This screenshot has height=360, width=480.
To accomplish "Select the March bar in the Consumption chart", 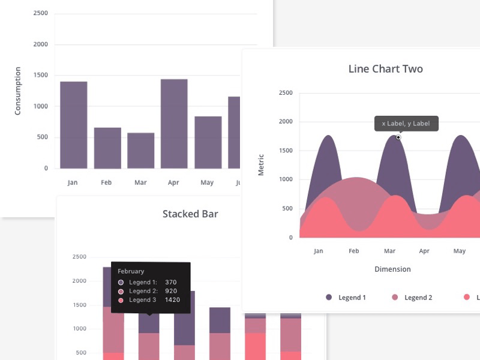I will click(140, 151).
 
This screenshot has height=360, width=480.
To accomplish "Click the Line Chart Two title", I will click(385, 69).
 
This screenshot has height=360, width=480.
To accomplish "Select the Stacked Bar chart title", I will click(190, 214).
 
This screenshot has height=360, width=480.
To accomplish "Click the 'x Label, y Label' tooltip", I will click(406, 124).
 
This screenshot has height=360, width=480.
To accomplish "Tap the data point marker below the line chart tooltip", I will click(398, 137).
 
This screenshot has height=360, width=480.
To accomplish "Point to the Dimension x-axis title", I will click(392, 269).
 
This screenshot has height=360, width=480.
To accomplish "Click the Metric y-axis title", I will click(261, 166).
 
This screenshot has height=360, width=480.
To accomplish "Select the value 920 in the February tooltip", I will click(171, 291).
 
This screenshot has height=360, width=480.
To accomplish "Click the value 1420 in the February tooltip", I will click(172, 300).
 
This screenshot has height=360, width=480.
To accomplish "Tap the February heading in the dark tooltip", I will click(131, 271).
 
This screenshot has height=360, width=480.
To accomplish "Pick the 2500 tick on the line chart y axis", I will click(286, 93).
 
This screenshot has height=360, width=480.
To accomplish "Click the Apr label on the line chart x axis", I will click(424, 251).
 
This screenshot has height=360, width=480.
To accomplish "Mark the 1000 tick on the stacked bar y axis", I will click(80, 329).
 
